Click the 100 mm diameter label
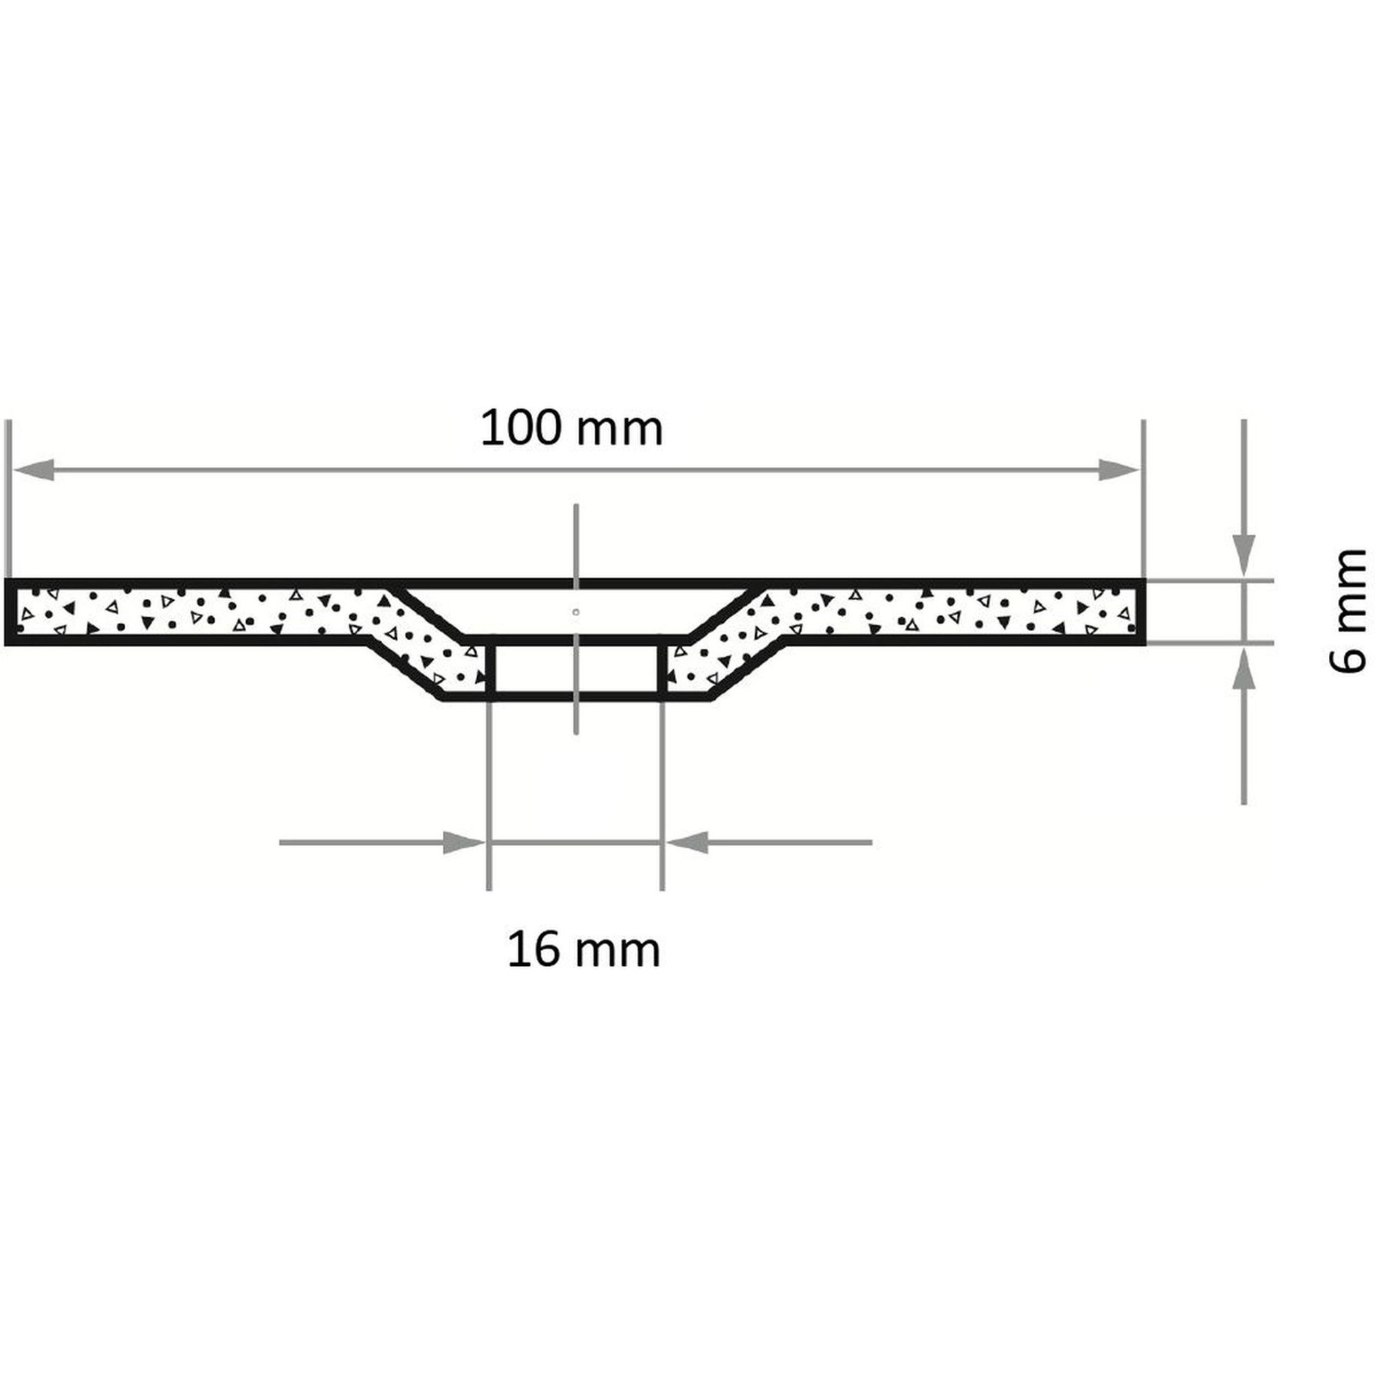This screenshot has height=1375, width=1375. pos(571,428)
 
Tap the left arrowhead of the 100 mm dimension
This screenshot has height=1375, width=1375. pos(33,470)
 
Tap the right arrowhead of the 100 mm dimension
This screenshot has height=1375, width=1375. pos(1118,470)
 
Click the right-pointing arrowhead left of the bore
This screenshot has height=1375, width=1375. pos(464,843)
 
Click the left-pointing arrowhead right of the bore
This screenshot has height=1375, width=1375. pos(687,843)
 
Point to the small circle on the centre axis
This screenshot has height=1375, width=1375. pos(575,611)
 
